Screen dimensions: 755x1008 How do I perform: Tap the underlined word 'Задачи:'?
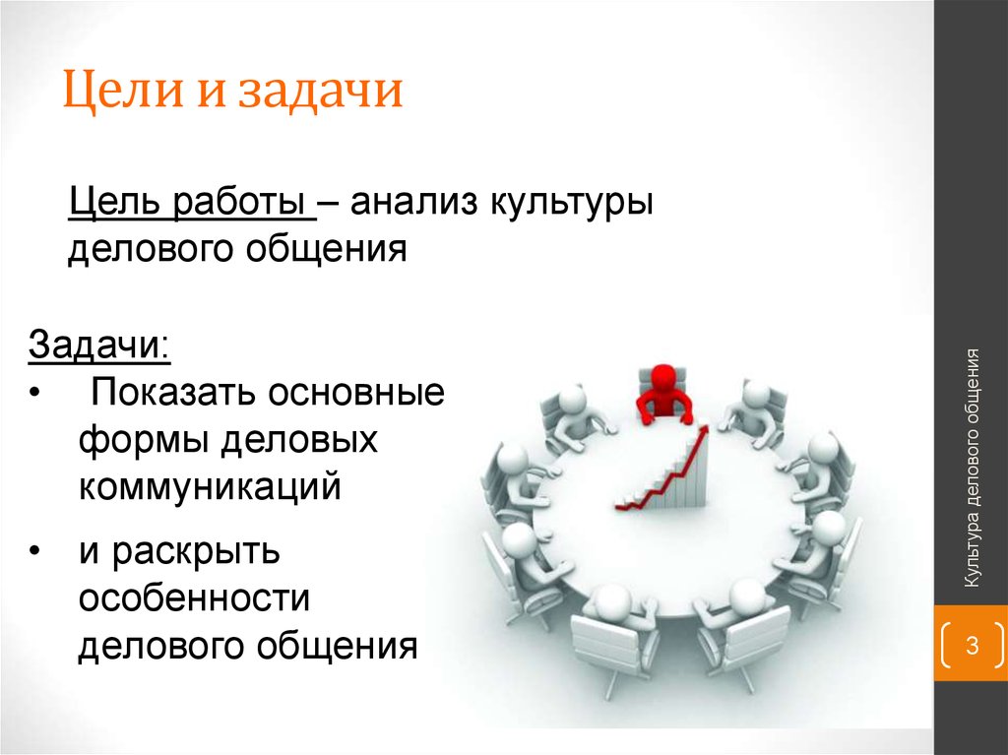point(98,346)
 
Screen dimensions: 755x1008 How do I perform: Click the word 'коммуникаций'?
point(210,487)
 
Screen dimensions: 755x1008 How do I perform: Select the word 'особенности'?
point(195,598)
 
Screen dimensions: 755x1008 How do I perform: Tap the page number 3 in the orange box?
point(971,647)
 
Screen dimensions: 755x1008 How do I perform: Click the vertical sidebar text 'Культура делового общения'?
point(973,469)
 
